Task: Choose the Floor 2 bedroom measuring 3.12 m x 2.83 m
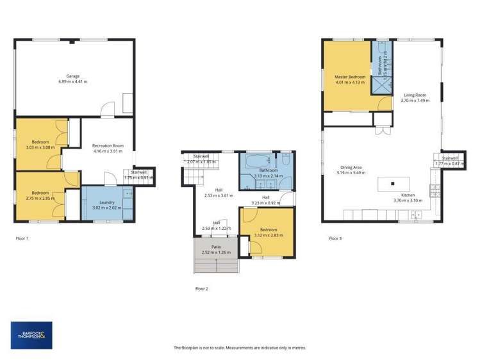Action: tap(268, 232)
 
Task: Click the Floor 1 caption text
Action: tap(22, 239)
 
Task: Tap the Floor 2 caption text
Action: tap(202, 289)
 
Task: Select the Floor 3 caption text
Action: tap(335, 239)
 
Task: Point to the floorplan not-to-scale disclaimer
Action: tap(240, 348)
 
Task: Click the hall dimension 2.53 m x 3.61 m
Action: tap(219, 192)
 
